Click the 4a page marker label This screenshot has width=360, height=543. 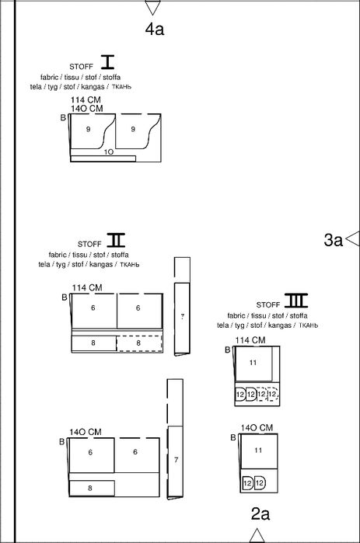point(155,29)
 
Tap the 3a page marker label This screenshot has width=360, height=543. point(333,240)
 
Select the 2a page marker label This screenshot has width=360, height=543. point(260,514)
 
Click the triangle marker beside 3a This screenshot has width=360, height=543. point(352,239)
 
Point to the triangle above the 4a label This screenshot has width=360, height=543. point(152,6)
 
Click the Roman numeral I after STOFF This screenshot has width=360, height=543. point(107,61)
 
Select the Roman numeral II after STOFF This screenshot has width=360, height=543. point(116,239)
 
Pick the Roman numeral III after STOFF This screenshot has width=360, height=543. point(296,301)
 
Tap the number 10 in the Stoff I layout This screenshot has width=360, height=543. point(109,151)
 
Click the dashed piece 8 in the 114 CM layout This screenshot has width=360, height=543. point(139,343)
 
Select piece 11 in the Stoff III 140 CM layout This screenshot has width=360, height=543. point(259,451)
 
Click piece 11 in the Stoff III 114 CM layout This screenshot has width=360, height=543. point(253,364)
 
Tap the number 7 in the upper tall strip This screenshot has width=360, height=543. point(183,316)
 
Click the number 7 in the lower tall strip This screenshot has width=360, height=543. point(177,460)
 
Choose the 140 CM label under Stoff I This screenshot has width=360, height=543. point(87,109)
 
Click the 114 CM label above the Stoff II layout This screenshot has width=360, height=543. point(87,287)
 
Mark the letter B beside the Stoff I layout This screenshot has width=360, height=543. point(63,118)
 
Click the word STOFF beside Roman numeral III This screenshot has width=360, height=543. point(267,305)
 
